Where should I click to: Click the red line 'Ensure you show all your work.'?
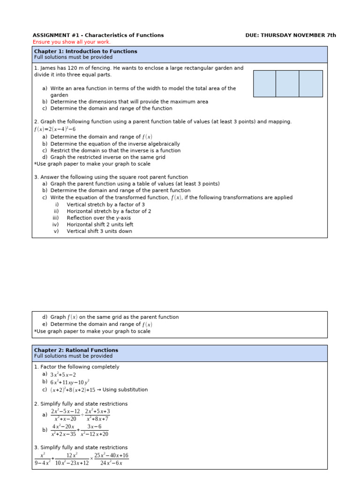(x=71, y=42)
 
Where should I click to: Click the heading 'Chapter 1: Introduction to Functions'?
(x=85, y=51)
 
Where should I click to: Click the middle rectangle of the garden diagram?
(x=287, y=83)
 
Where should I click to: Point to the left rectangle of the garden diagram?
(x=264, y=83)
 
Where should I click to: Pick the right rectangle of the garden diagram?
(x=311, y=83)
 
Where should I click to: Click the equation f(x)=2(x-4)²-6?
(x=54, y=129)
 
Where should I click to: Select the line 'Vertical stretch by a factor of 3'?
(x=105, y=204)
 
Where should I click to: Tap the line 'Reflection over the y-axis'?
(x=99, y=217)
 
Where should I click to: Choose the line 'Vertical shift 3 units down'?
(x=99, y=231)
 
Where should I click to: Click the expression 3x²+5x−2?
(x=63, y=375)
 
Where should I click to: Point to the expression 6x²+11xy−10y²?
(x=69, y=382)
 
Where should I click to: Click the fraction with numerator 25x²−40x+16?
(x=111, y=459)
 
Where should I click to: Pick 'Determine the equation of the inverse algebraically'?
(x=115, y=144)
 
